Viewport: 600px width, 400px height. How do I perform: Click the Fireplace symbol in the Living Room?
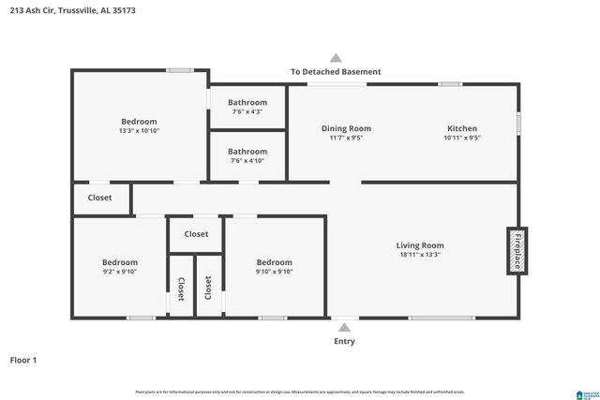515,250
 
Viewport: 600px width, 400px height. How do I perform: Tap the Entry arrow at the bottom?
344,327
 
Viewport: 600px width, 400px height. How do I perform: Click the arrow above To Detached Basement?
336,57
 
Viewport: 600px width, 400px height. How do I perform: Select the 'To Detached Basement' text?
336,72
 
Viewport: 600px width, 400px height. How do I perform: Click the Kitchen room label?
461,128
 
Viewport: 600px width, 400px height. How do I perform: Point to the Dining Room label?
346,128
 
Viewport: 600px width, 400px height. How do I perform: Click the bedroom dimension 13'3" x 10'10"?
138,131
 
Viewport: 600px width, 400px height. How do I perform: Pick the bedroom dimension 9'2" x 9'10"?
119,272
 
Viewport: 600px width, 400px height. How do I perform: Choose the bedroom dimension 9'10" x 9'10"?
274,272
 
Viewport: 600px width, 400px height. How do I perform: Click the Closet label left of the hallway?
99,198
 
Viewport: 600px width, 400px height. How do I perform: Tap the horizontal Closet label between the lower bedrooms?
196,234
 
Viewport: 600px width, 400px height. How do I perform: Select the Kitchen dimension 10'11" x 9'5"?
461,138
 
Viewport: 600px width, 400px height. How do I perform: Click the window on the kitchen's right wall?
518,124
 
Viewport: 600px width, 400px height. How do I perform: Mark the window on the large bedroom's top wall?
180,69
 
